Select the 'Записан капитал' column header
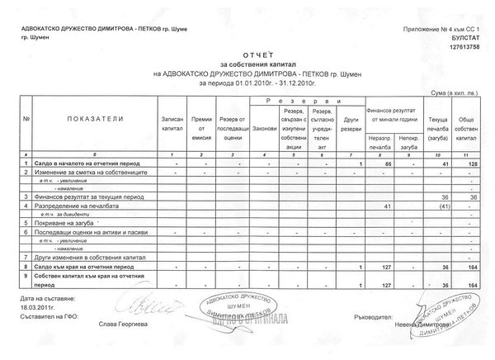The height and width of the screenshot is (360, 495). click(173, 124)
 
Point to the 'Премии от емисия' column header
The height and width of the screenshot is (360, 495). click(202, 124)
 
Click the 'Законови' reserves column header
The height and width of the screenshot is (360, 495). click(264, 129)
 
